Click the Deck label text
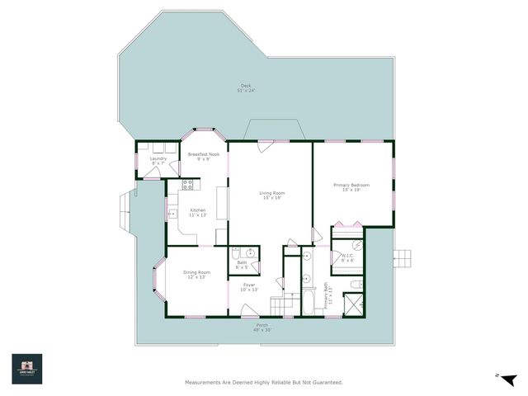(x=246, y=87)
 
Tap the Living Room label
(x=271, y=196)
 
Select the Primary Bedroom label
(x=351, y=187)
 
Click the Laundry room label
(x=158, y=161)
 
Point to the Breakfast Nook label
(x=203, y=157)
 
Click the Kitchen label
(x=198, y=212)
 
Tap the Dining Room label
(x=196, y=275)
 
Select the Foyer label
(x=248, y=287)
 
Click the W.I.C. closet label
(x=349, y=257)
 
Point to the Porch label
(x=262, y=328)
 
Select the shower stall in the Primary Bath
(x=352, y=305)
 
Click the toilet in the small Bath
(x=236, y=254)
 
